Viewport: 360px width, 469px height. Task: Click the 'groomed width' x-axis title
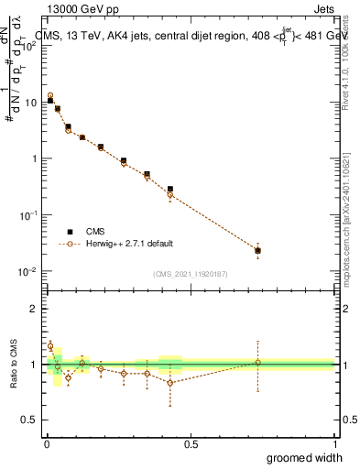coord(305,457)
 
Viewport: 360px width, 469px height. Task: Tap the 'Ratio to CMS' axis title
coord(15,364)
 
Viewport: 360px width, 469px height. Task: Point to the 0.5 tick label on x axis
coord(191,444)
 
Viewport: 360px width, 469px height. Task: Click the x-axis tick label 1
coord(334,444)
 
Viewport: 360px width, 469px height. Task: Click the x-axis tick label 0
coord(47,444)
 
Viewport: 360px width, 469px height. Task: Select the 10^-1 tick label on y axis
coord(30,214)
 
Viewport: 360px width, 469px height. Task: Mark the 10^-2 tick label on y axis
coord(30,271)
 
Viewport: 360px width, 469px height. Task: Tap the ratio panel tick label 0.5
coord(30,420)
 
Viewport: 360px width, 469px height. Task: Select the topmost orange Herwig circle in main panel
coord(50,95)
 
